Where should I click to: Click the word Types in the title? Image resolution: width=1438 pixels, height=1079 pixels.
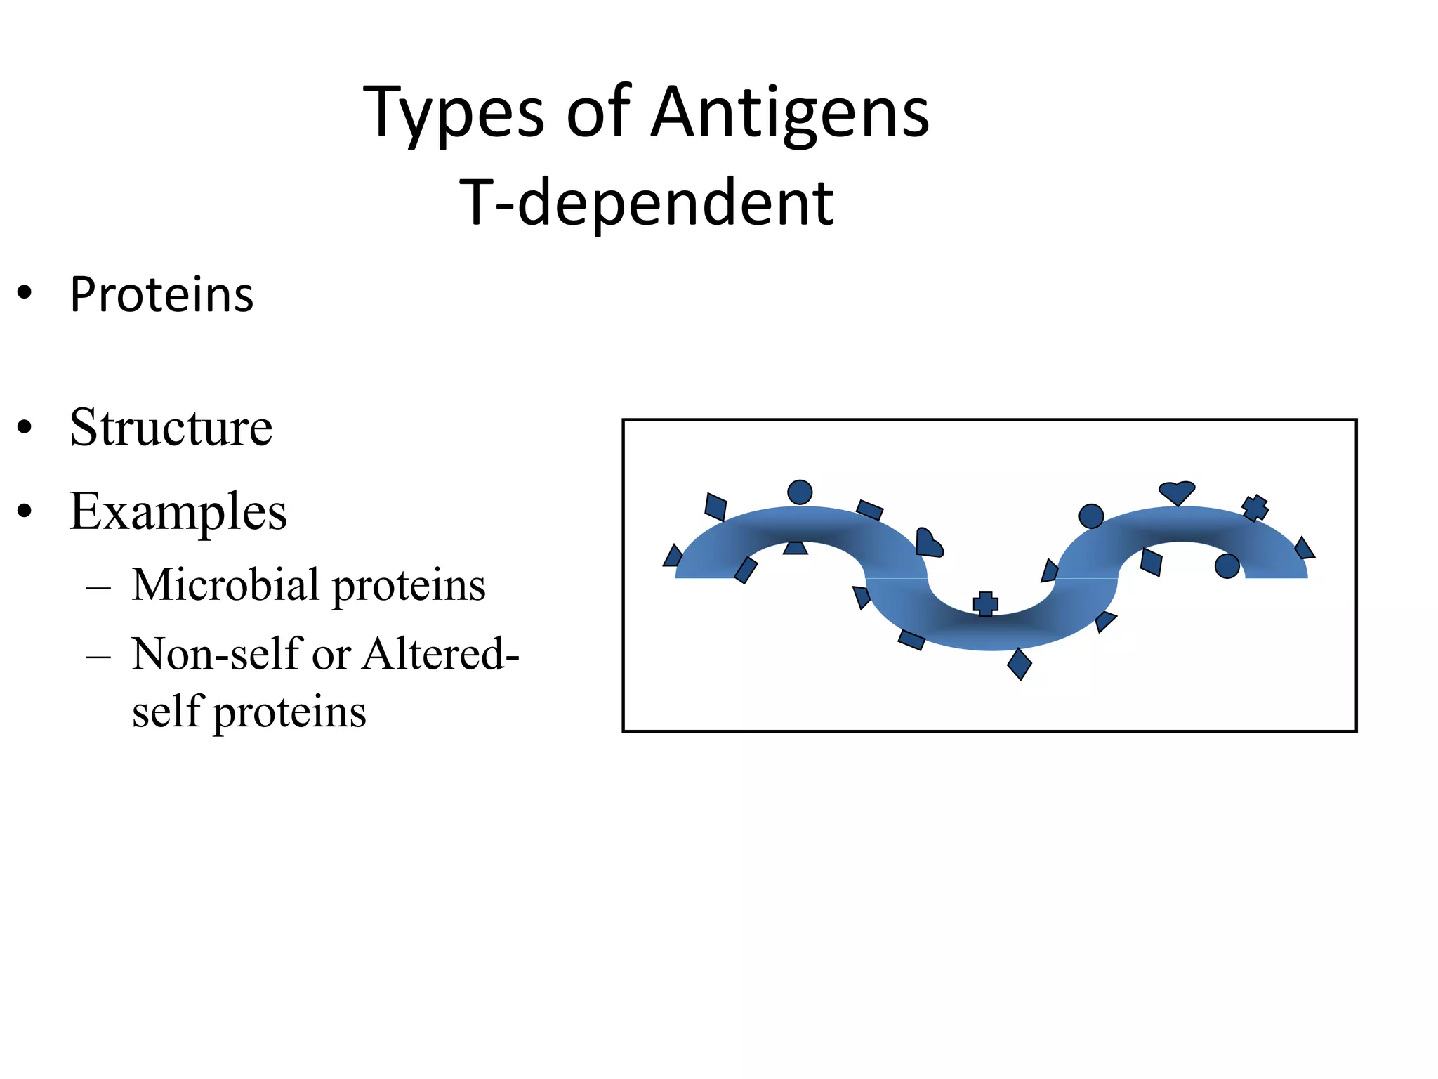pyautogui.click(x=453, y=112)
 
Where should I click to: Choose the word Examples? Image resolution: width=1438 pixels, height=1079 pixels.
pyautogui.click(x=178, y=511)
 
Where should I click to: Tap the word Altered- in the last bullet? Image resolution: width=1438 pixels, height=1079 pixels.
pyautogui.click(x=441, y=653)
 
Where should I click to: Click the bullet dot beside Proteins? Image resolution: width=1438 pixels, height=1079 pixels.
pyautogui.click(x=25, y=294)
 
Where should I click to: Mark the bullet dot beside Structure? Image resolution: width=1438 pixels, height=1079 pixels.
pyautogui.click(x=25, y=427)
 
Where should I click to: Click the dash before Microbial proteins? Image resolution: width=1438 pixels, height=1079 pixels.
pyautogui.click(x=98, y=586)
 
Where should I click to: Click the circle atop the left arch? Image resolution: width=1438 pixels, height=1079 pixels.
pyautogui.click(x=800, y=492)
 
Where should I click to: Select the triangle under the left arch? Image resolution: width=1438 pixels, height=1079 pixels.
pyautogui.click(x=796, y=547)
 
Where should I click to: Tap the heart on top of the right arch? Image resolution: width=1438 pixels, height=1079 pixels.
pyautogui.click(x=1177, y=492)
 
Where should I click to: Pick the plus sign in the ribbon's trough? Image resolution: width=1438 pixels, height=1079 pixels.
pyautogui.click(x=985, y=603)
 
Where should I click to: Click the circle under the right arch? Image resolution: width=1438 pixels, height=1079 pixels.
pyautogui.click(x=1227, y=566)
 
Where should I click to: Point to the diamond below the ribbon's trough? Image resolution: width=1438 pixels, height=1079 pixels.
pyautogui.click(x=1020, y=663)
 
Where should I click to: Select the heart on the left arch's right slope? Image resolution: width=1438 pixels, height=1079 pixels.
pyautogui.click(x=928, y=543)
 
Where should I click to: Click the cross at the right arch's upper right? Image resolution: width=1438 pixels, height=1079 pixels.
pyautogui.click(x=1255, y=507)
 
